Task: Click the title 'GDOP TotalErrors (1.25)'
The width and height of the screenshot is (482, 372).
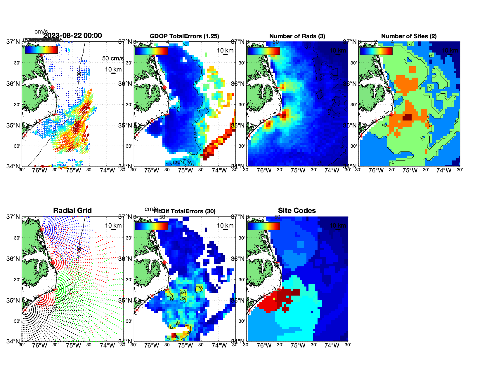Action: pyautogui.click(x=184, y=36)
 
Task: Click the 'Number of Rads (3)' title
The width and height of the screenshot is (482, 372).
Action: pyautogui.click(x=297, y=36)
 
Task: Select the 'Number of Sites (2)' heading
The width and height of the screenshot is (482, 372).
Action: pyautogui.click(x=409, y=36)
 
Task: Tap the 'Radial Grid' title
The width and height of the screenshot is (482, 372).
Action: pyautogui.click(x=72, y=211)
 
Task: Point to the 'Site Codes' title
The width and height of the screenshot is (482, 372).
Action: pyautogui.click(x=297, y=211)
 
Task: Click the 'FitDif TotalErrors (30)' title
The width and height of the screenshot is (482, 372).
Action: pyautogui.click(x=185, y=211)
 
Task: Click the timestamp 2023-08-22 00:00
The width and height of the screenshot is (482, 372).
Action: pyautogui.click(x=72, y=36)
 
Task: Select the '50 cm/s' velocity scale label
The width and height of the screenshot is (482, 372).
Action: pyautogui.click(x=113, y=58)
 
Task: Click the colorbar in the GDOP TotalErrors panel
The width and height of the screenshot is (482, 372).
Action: pyautogui.click(x=151, y=51)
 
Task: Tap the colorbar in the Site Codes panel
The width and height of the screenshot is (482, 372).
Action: pyautogui.click(x=263, y=226)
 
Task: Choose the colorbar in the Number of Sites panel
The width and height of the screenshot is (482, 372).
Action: pyautogui.click(x=376, y=51)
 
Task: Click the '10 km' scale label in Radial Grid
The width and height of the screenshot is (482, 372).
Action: pyautogui.click(x=113, y=226)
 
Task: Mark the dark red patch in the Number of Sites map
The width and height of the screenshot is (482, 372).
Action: pyautogui.click(x=407, y=117)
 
